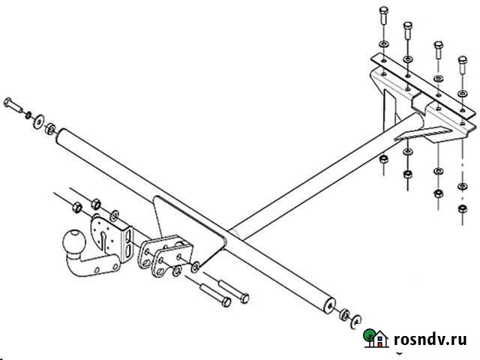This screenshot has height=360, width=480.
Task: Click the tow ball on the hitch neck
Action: point(74,241)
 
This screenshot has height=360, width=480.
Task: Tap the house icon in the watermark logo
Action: point(380,340)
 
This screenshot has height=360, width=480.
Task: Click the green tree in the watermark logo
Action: point(369,336)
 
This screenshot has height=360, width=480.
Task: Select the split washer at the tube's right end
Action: point(353,318)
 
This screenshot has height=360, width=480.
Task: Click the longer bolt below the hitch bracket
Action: point(214,294)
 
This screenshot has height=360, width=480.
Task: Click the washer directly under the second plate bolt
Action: point(407,58)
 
